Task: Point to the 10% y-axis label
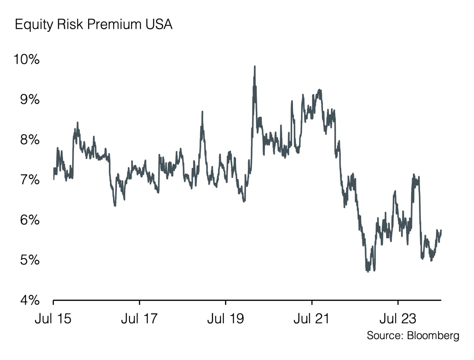click(x=26, y=60)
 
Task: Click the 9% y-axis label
click(x=29, y=100)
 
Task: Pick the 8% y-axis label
click(x=29, y=140)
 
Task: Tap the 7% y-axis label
click(x=29, y=180)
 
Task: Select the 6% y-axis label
click(x=29, y=220)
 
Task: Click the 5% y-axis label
click(x=29, y=260)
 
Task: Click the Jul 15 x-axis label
click(x=53, y=319)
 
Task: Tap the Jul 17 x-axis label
click(x=139, y=319)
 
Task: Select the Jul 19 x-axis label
click(x=225, y=319)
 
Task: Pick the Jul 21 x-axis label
click(x=312, y=319)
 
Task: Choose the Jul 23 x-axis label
click(x=398, y=319)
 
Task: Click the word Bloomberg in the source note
click(x=433, y=336)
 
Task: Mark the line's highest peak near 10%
click(x=255, y=66)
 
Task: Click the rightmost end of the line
click(x=441, y=230)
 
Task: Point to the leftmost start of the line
click(x=54, y=179)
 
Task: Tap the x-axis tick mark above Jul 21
click(x=312, y=302)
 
